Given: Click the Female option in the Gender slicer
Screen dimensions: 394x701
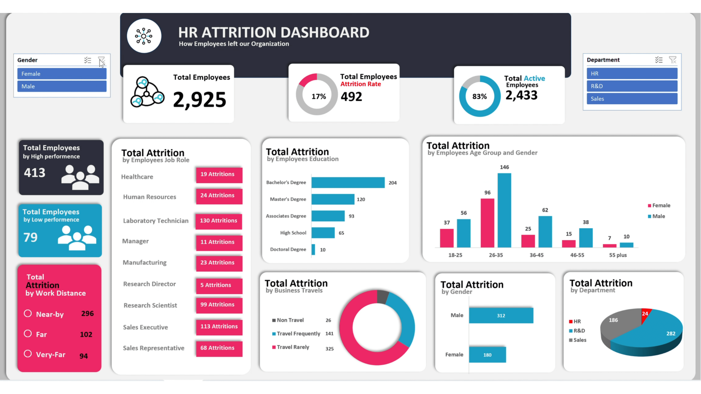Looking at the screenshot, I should (62, 74).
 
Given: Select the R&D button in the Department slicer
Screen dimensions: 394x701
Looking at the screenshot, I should (632, 86).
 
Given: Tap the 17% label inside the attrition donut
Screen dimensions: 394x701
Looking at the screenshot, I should (319, 96).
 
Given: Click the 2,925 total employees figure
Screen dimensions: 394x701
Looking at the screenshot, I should (200, 100).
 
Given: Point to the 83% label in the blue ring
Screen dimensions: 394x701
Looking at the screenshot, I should (479, 96).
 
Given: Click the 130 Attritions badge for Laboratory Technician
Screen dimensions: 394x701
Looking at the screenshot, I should (219, 221).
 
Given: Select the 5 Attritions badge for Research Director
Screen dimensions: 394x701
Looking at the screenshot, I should (219, 285).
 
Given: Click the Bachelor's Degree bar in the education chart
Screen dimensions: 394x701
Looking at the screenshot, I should (348, 183).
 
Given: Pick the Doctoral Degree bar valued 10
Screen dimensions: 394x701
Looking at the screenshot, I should (313, 249).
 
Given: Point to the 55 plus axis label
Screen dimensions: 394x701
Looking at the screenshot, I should (618, 255).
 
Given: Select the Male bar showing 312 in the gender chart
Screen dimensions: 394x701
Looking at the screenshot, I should (501, 315).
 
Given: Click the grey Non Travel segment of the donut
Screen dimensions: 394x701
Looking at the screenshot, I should (383, 296).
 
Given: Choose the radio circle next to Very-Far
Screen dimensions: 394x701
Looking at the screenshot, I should (28, 354).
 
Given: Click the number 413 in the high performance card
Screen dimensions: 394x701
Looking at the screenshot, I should (34, 173).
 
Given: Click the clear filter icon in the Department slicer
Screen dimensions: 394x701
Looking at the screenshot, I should (672, 60).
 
